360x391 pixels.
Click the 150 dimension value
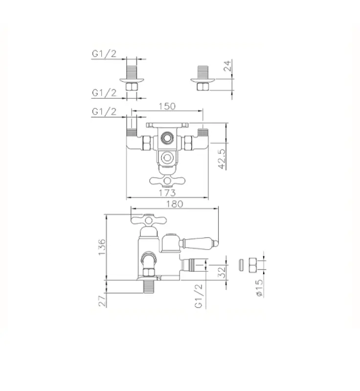pos(167,106)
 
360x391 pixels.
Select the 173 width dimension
pos(167,193)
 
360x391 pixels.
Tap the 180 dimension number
pos(175,204)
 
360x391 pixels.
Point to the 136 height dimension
pos(102,247)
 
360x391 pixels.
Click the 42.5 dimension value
pos(222,159)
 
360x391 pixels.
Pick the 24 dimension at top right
pos(227,65)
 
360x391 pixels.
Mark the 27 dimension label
pos(102,301)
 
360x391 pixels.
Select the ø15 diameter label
pos(259,288)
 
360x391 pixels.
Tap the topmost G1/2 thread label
pos(104,54)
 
